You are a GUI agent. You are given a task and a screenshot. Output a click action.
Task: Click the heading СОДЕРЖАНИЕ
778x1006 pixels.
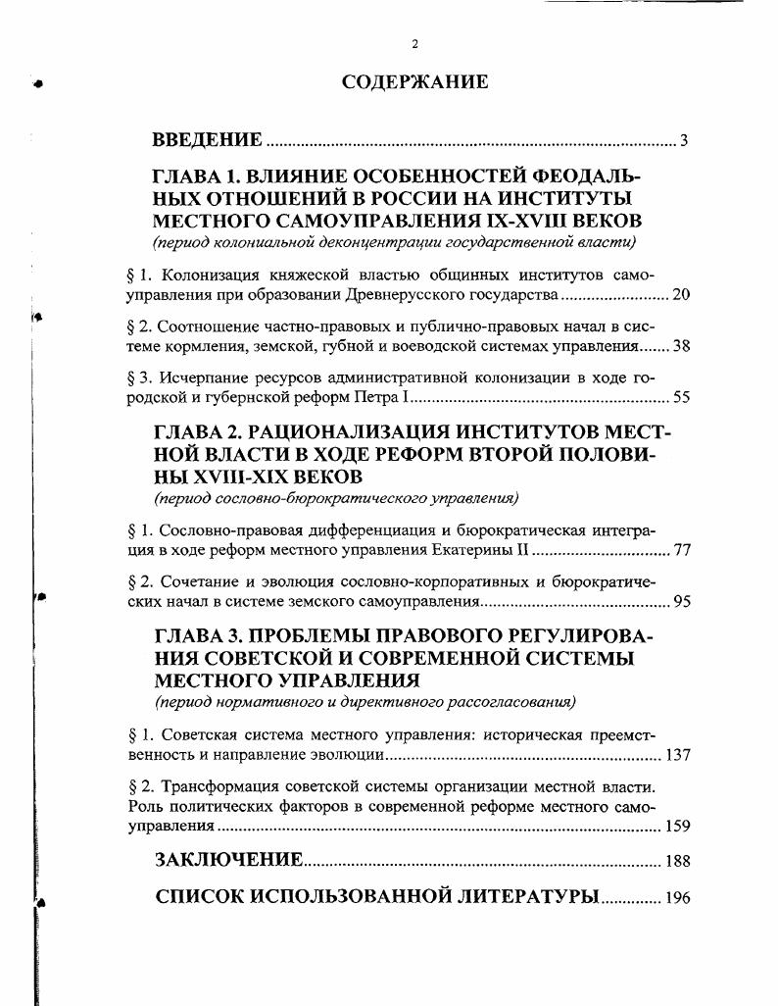pos(414,82)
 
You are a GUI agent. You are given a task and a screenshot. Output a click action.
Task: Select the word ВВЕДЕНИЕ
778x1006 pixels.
pos(208,140)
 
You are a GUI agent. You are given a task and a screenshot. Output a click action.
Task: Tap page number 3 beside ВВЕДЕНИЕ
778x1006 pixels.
pos(684,141)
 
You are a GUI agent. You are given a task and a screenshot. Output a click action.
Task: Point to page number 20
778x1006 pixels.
pos(681,295)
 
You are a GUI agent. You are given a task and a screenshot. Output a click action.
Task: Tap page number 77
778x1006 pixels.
pos(681,550)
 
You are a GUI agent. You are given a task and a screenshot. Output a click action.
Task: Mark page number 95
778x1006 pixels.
pos(681,602)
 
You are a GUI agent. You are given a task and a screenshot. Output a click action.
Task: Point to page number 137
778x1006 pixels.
pos(677,756)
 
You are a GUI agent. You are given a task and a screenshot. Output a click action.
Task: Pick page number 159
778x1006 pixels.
pos(677,826)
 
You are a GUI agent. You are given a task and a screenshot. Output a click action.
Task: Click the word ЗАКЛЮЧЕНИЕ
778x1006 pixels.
pos(229,861)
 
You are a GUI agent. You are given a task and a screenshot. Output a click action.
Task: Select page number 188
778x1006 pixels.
pos(677,862)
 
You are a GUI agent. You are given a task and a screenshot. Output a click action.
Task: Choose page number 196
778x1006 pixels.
pos(677,898)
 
